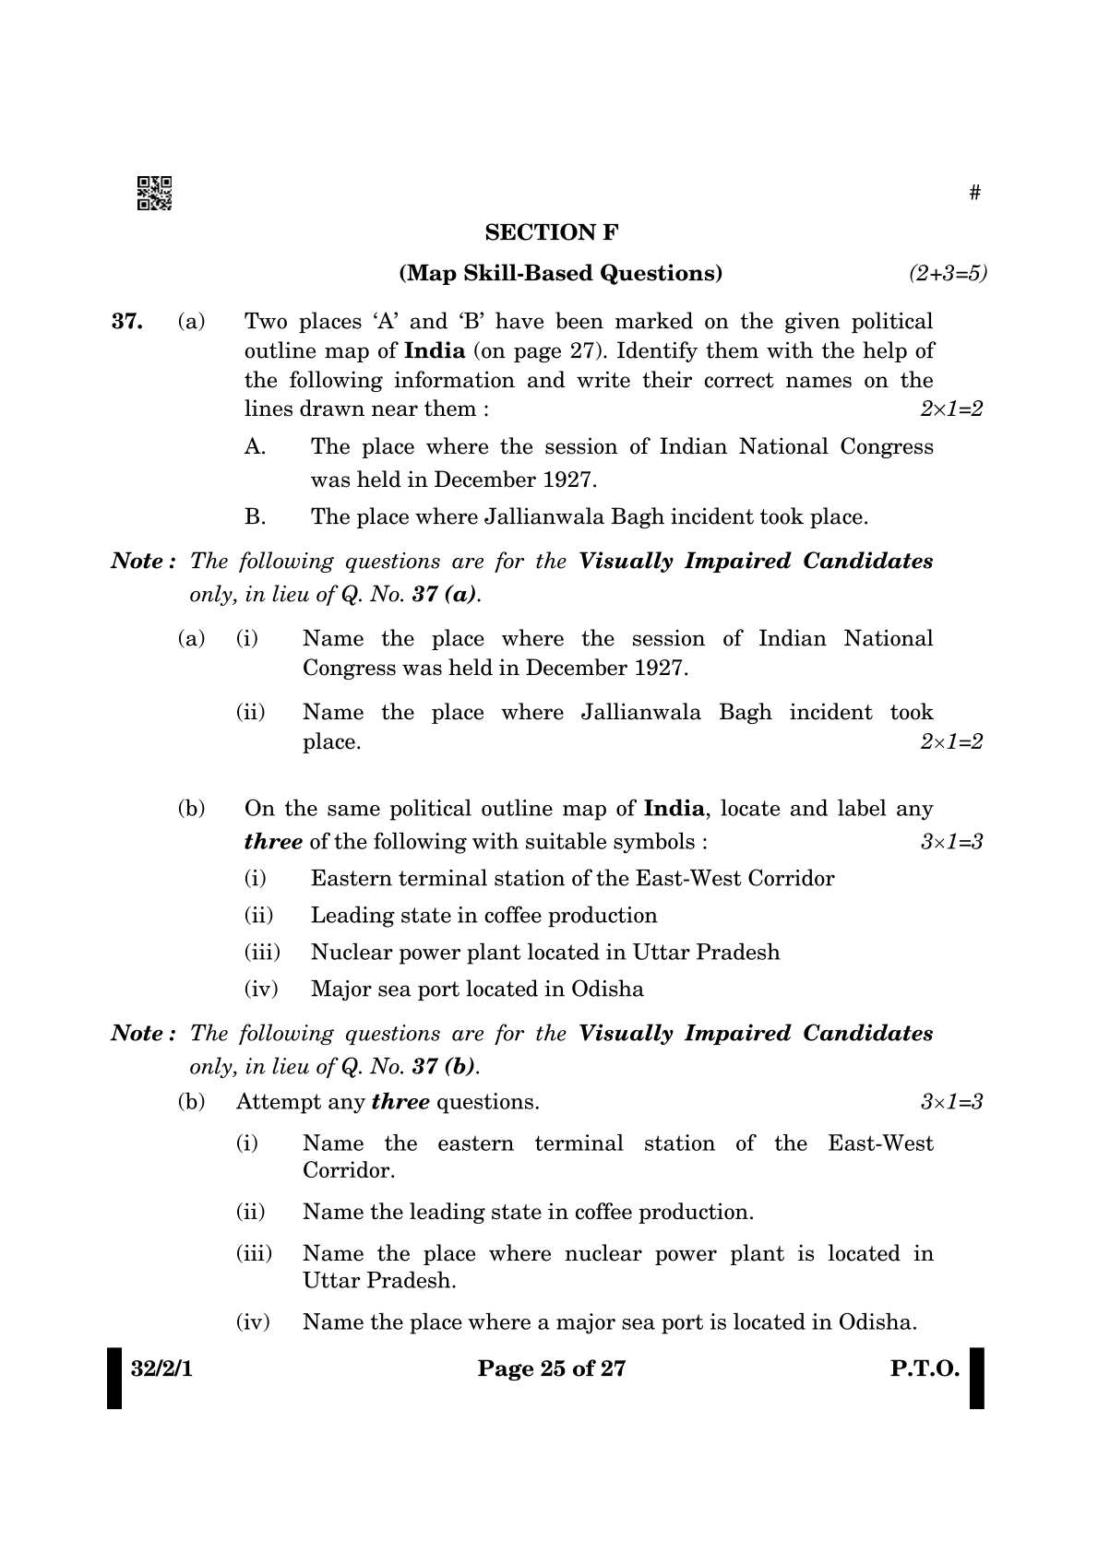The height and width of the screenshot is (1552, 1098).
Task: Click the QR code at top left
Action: [154, 193]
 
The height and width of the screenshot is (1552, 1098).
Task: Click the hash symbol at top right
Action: [974, 193]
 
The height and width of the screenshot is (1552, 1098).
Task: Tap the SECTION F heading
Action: [552, 232]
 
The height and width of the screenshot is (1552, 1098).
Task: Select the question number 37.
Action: [126, 322]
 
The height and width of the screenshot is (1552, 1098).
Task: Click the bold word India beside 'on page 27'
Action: [435, 351]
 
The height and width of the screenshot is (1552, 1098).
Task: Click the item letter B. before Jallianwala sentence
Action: [255, 517]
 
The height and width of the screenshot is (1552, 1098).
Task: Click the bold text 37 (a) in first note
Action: [446, 595]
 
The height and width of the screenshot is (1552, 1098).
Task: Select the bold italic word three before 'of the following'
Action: [273, 842]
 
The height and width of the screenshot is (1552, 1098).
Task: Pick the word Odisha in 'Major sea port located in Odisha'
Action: [607, 989]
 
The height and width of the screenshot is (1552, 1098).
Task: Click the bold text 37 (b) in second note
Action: [446, 1067]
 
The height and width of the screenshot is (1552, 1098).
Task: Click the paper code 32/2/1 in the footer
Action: [161, 1368]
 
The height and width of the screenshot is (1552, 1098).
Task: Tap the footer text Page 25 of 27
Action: [552, 1368]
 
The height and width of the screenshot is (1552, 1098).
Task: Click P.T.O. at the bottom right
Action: [925, 1368]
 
